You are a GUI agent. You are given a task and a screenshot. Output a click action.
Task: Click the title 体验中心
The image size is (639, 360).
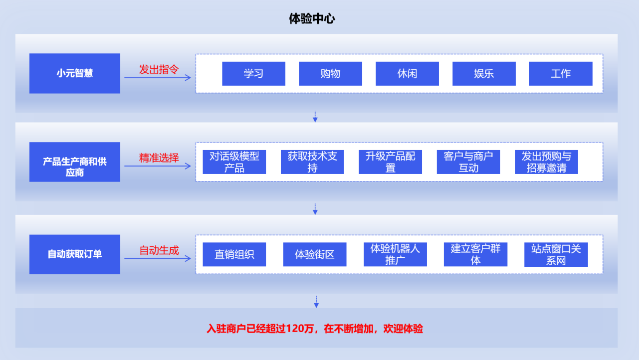click(x=312, y=19)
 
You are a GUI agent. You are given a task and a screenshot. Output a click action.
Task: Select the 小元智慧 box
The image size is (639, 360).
click(x=75, y=73)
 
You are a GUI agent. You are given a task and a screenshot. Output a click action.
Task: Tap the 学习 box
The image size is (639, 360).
click(x=253, y=74)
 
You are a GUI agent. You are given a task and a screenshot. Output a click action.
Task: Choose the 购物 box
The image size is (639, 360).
click(x=330, y=74)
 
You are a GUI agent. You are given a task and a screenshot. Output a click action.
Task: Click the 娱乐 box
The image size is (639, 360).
click(x=484, y=74)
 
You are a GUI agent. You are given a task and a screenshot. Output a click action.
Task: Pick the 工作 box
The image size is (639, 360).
click(x=561, y=74)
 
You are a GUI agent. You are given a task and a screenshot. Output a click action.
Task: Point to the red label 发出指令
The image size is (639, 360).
click(x=159, y=69)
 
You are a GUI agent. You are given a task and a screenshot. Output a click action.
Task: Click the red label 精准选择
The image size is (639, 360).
click(x=159, y=158)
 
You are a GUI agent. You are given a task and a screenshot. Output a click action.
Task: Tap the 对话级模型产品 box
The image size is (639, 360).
click(x=234, y=162)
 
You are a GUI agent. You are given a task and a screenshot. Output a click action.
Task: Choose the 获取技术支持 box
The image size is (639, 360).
click(x=312, y=162)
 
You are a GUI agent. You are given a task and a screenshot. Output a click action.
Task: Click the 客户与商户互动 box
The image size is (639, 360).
click(x=468, y=162)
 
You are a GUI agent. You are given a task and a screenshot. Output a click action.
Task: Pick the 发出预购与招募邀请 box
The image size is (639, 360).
click(x=546, y=162)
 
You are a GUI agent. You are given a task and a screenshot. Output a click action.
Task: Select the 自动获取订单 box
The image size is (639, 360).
click(x=75, y=254)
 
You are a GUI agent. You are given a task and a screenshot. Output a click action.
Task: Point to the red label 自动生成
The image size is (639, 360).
click(x=159, y=250)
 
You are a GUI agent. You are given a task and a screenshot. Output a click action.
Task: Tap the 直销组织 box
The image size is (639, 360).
click(x=234, y=254)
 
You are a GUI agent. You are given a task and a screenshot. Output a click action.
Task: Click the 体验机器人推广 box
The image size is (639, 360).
click(x=395, y=254)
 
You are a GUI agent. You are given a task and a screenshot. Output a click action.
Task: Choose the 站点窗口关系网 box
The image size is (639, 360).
click(x=556, y=254)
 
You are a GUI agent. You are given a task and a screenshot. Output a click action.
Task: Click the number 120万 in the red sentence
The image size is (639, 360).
click(x=300, y=329)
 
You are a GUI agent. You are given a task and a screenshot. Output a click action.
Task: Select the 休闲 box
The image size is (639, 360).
click(x=407, y=74)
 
